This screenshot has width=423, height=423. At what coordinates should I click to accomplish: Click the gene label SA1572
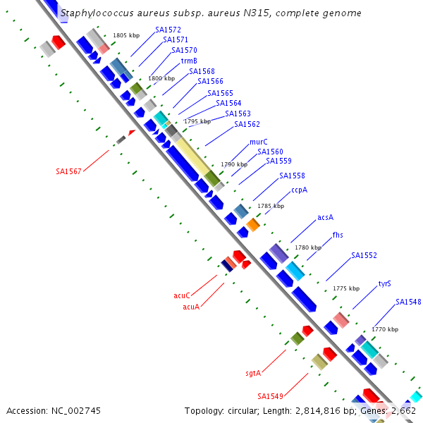168,30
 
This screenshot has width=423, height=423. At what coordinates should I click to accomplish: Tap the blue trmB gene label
189,61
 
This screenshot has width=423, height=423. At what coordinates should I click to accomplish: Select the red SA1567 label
68,171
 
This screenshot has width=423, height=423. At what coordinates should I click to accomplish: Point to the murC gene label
259,142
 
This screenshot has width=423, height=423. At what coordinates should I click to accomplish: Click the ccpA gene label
299,190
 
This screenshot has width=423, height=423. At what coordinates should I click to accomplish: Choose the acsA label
325,217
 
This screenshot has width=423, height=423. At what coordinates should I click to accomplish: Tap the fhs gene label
338,235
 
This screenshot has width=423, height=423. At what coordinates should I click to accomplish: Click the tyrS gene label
384,284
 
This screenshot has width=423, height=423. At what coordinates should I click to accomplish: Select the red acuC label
182,295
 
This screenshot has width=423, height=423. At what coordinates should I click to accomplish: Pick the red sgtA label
253,374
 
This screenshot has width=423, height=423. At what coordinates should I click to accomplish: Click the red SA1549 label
270,396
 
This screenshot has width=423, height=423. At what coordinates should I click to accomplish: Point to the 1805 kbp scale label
126,35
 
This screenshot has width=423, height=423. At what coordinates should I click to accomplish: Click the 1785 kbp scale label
271,206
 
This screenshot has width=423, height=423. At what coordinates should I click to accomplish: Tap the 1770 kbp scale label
385,329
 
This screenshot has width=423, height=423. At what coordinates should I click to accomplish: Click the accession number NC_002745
76,411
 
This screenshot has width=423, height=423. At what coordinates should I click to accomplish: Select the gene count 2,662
403,411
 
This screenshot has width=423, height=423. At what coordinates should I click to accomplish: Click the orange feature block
253,225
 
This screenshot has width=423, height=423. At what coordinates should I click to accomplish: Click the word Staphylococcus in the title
97,13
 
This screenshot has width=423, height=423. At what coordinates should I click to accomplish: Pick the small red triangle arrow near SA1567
132,133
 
